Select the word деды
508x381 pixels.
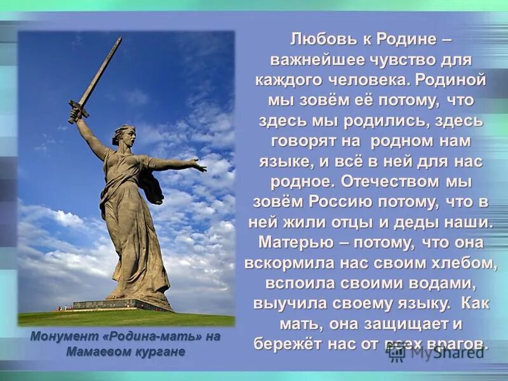(426, 222)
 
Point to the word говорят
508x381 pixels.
(301, 141)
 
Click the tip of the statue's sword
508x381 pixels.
(119, 39)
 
